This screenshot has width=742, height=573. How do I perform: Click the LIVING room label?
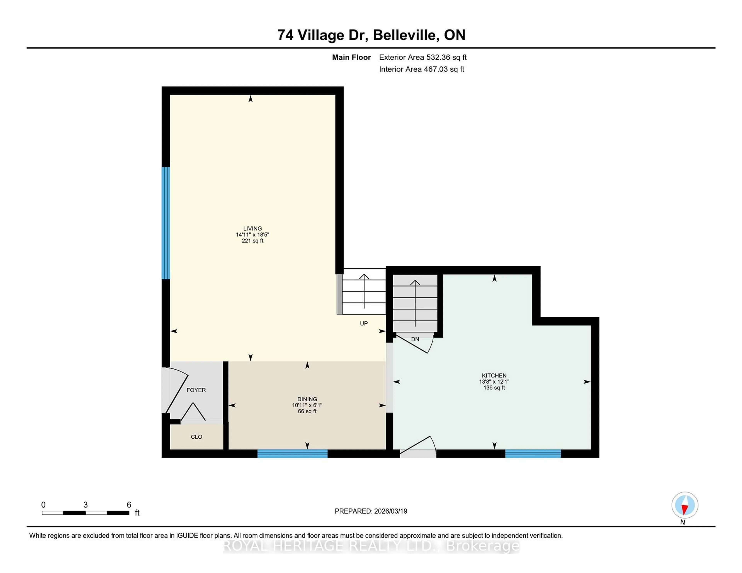point(252,228)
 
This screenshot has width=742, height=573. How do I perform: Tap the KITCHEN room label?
point(494,376)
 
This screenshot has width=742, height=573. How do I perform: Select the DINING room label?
point(307,399)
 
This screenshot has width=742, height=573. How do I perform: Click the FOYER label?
point(196,390)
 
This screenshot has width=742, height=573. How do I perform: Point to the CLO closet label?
point(196,437)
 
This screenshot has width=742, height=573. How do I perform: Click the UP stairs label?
point(363,324)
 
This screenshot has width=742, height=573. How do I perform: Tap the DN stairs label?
point(415,339)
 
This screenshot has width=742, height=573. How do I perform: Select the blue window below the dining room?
point(292,453)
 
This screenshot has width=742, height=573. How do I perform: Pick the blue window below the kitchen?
point(533,453)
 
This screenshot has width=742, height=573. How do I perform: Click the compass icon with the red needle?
point(685,505)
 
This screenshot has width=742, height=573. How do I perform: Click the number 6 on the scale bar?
point(129,505)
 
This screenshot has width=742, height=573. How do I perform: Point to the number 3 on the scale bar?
point(86,505)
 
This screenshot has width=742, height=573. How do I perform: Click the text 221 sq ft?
point(252,241)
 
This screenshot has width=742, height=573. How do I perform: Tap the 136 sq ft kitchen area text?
point(494,388)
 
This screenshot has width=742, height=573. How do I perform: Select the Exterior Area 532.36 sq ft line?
point(423,57)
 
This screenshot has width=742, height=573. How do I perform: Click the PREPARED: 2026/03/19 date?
point(371,511)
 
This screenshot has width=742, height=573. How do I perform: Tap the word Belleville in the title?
point(404,35)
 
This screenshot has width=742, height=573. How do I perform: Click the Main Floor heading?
point(351,57)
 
